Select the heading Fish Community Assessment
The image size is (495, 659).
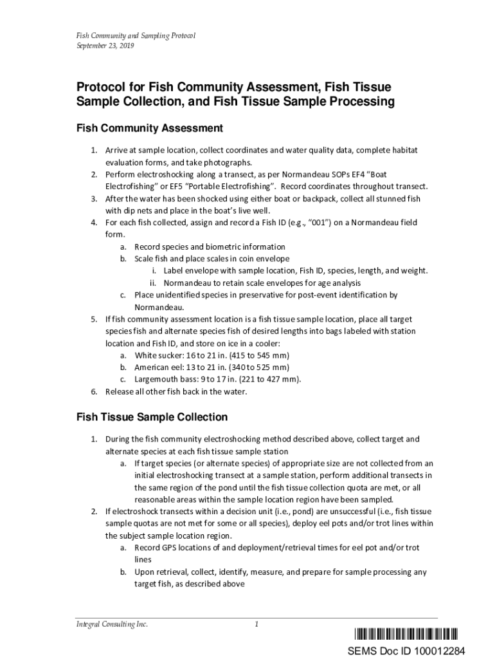click(150, 128)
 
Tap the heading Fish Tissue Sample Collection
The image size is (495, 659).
click(152, 417)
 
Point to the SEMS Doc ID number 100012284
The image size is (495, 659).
click(437, 651)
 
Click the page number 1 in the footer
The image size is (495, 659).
click(256, 624)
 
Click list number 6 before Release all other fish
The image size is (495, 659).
click(93, 392)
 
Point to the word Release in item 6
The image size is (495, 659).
click(120, 392)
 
